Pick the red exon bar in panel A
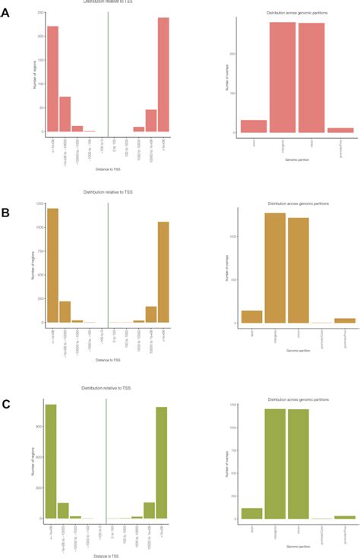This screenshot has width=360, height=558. pos(254,126)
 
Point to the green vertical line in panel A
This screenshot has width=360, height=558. pos(108,72)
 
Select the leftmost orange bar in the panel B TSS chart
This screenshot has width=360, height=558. pos(52,265)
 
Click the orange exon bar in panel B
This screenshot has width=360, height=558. pos(251,317)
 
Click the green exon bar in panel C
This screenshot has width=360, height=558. pos(251,513)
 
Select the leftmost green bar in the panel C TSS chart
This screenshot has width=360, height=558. pos(51,461)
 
